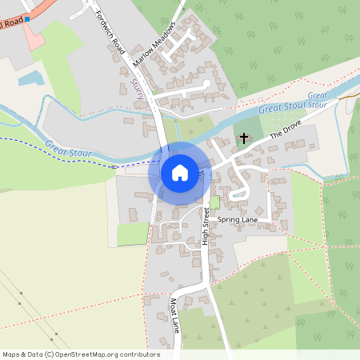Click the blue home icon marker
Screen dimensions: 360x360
tap(180, 173)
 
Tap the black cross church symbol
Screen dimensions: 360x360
tap(244, 138)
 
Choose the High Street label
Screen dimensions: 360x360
tap(206, 226)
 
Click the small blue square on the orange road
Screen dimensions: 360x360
tap(27, 18)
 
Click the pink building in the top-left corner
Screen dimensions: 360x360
tap(32, 36)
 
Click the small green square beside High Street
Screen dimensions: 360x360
tap(214, 202)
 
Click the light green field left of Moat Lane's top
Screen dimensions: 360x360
tap(133, 234)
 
